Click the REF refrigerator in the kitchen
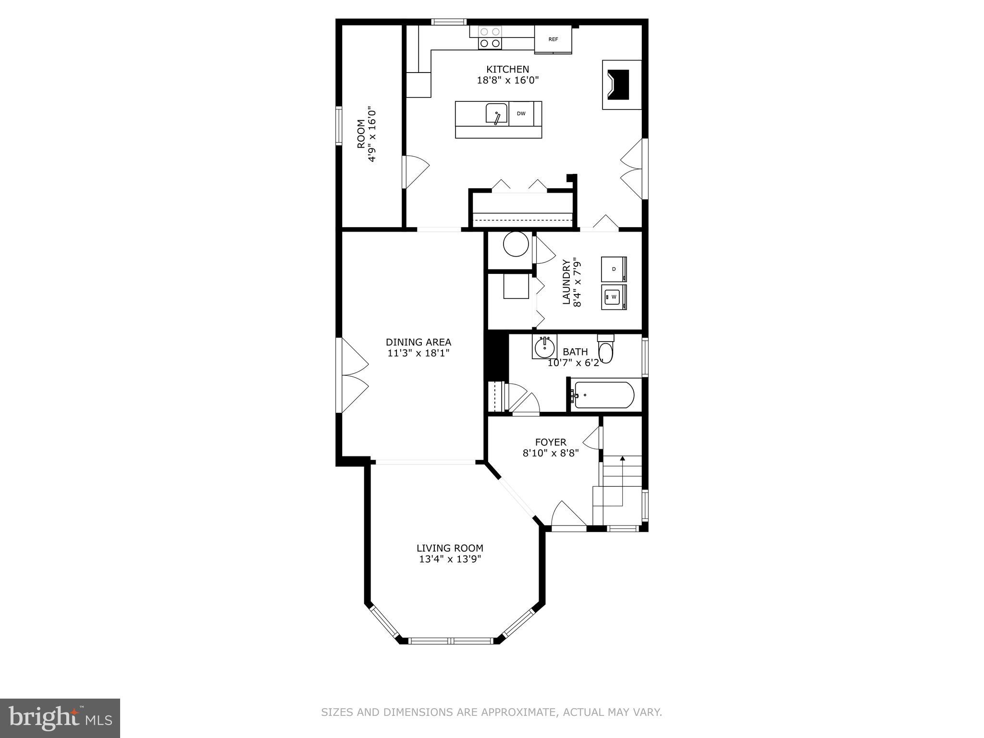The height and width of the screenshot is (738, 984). pyautogui.click(x=553, y=39)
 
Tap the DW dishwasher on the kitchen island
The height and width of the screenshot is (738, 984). pyautogui.click(x=521, y=114)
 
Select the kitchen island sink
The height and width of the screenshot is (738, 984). pyautogui.click(x=496, y=114)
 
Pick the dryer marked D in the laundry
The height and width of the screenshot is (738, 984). pyautogui.click(x=614, y=269)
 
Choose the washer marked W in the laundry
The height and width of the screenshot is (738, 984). pyautogui.click(x=614, y=297)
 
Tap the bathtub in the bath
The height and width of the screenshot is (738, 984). pyautogui.click(x=603, y=395)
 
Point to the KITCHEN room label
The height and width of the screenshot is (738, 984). pyautogui.click(x=507, y=69)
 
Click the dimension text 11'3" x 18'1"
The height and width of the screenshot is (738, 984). pyautogui.click(x=418, y=353)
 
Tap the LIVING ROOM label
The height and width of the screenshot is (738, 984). pyautogui.click(x=450, y=548)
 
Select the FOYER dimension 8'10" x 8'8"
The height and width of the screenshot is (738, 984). pyautogui.click(x=551, y=453)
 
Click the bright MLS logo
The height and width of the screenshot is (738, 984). pyautogui.click(x=60, y=718)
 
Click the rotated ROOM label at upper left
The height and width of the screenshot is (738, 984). pyautogui.click(x=361, y=134)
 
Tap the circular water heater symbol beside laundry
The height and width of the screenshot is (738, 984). pyautogui.click(x=516, y=245)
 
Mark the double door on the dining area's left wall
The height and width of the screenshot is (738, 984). pyautogui.click(x=353, y=375)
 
